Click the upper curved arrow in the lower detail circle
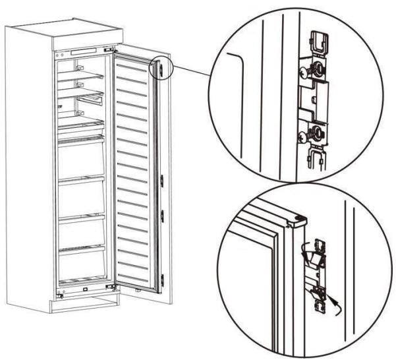[x=305, y=251]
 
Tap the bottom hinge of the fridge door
[x=113, y=285]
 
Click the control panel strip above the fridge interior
[x=84, y=51]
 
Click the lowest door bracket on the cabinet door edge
[x=162, y=277]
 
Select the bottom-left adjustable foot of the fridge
[x=61, y=295]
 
